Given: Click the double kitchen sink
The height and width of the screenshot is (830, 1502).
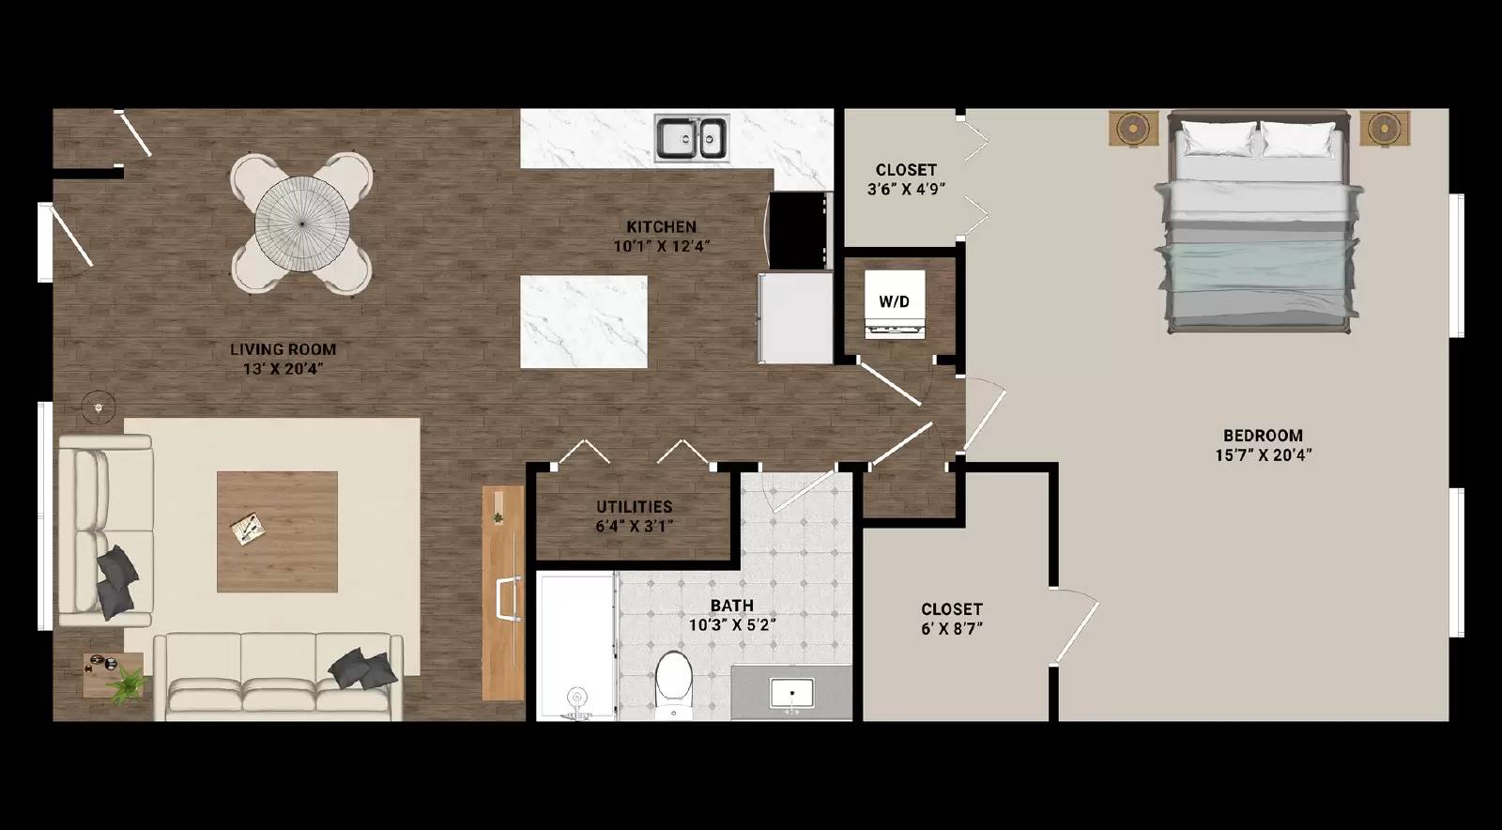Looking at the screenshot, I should tap(692, 138).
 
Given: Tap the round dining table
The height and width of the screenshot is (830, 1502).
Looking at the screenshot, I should tap(302, 223).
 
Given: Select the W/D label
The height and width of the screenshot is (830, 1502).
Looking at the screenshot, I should tap(894, 301).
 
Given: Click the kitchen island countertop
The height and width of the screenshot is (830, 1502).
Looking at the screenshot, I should tap(584, 321).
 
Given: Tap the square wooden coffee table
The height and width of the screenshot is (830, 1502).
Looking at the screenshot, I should tap(277, 531).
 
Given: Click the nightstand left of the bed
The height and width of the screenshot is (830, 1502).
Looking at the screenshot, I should tap(1134, 129).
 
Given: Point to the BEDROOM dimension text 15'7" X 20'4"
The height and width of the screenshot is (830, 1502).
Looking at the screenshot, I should tap(1263, 455).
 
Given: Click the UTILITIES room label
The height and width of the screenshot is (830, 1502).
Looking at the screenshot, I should tap(634, 506).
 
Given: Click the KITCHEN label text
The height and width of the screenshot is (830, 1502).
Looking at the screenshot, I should tap(661, 226).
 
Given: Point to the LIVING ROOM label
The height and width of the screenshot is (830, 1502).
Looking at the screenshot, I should tap(283, 349).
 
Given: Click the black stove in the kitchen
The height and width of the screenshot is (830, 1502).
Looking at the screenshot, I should tap(800, 230).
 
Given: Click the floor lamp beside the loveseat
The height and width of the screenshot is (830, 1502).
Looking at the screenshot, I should tap(98, 407).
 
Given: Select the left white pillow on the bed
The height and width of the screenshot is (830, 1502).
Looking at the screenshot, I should tap(1218, 140).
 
